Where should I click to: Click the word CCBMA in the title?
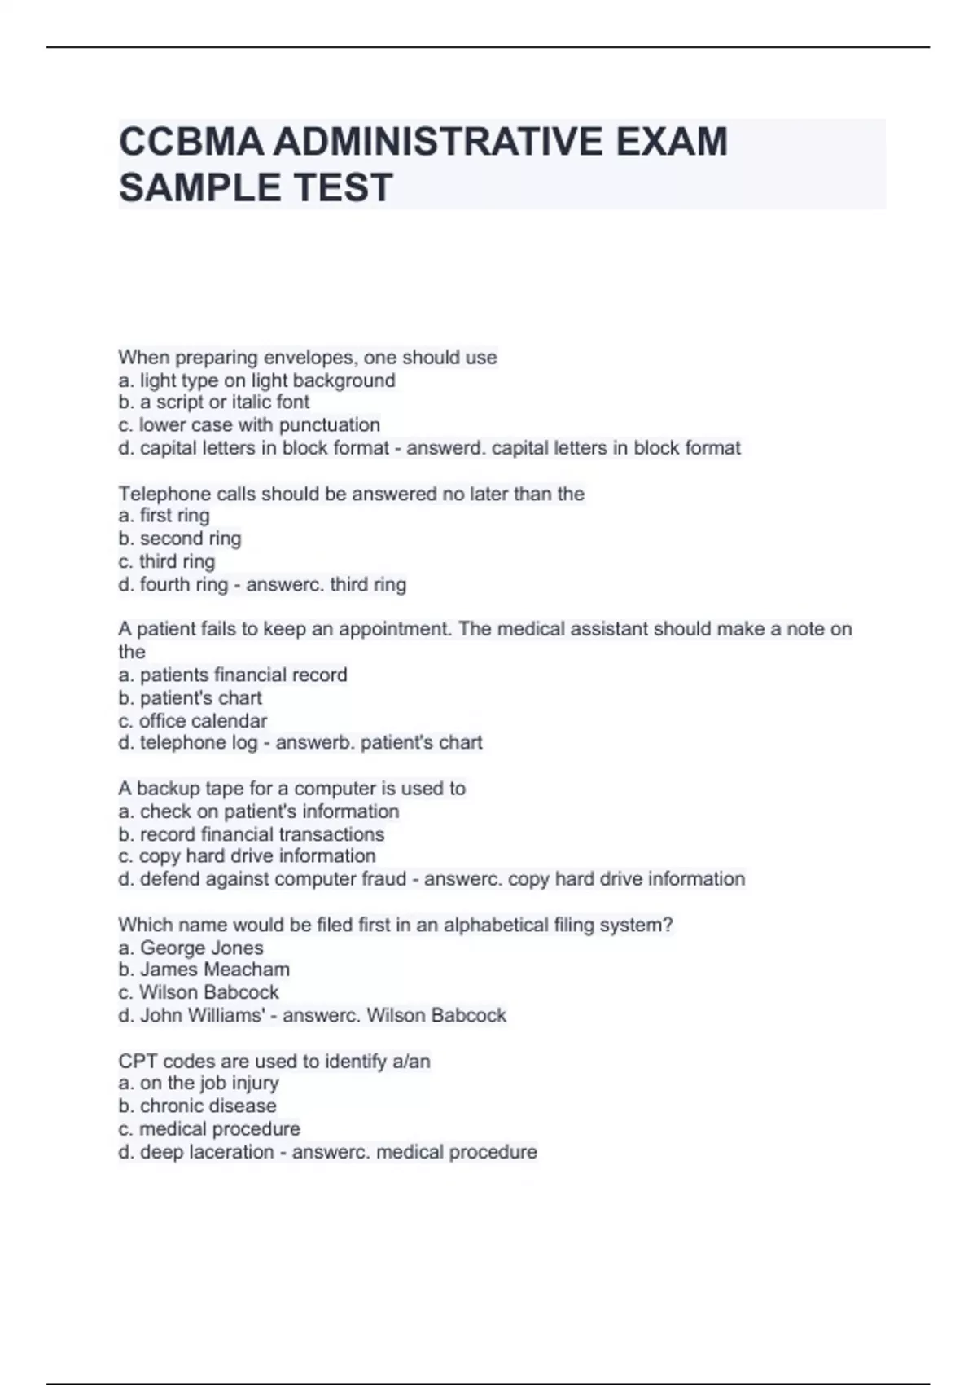tap(191, 142)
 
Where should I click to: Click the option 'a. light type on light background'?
tap(256, 380)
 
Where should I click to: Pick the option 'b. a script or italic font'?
tap(213, 402)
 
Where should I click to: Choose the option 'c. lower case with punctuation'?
tap(249, 425)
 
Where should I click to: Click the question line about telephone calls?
tap(351, 494)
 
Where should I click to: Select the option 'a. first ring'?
tap(164, 516)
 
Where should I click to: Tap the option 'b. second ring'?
tap(180, 539)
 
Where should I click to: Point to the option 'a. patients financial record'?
tap(233, 675)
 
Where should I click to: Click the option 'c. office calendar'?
tap(192, 721)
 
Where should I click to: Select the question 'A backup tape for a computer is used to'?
tap(291, 789)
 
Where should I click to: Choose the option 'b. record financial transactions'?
tap(251, 834)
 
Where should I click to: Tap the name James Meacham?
tap(214, 969)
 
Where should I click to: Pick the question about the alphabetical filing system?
tap(395, 925)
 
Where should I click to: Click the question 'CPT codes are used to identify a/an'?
tap(274, 1062)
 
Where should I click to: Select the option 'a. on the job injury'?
tap(198, 1084)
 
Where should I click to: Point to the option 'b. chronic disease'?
tap(197, 1106)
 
